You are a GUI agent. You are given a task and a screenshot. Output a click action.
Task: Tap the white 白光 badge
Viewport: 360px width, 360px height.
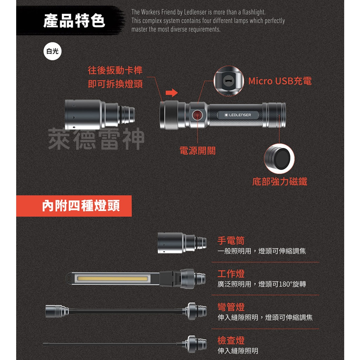52,51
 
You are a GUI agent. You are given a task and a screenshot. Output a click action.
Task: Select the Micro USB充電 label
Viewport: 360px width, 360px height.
280,81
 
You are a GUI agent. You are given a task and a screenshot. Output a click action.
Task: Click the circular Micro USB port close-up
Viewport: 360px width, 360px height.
228,81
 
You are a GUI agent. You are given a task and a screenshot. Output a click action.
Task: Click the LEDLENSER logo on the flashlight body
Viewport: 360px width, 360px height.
238,115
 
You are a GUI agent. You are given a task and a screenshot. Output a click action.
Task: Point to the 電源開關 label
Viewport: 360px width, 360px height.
197,151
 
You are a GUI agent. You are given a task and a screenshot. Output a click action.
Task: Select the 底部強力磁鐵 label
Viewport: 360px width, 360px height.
280,182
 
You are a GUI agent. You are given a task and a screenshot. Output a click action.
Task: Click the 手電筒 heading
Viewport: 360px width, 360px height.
231,241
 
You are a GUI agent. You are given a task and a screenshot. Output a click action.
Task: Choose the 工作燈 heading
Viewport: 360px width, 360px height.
231,274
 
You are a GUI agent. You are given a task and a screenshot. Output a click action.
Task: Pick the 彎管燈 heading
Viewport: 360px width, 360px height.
231,307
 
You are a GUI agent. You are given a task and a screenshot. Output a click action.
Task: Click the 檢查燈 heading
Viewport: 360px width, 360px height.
231,340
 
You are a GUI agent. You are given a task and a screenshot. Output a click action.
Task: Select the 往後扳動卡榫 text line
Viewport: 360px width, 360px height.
115,70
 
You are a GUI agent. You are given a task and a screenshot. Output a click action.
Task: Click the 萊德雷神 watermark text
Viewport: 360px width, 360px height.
96,139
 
